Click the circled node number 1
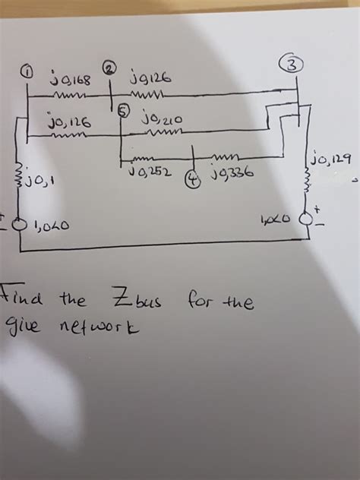tap(27, 73)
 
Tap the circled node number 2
tap(111, 68)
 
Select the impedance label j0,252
tap(154, 174)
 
